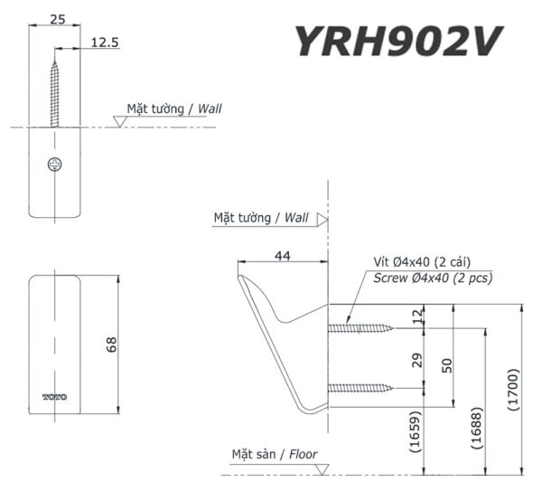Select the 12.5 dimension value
pyautogui.click(x=103, y=42)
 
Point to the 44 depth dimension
pyautogui.click(x=282, y=257)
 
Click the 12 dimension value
pyautogui.click(x=416, y=316)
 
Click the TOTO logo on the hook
pyautogui.click(x=55, y=397)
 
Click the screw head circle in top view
pyautogui.click(x=55, y=165)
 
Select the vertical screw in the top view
pyautogui.click(x=55, y=91)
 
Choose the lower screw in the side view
pyautogui.click(x=360, y=388)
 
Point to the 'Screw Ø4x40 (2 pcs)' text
pyautogui.click(x=433, y=278)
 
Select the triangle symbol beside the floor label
pyautogui.click(x=322, y=468)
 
